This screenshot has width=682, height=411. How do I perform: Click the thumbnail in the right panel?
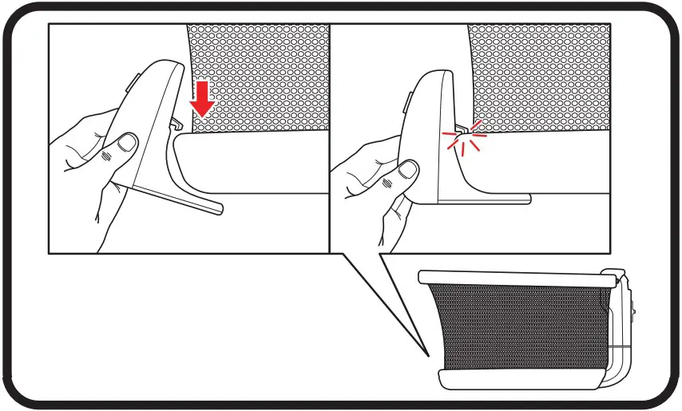point(410,169)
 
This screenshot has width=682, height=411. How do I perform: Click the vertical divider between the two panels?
point(330,136)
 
